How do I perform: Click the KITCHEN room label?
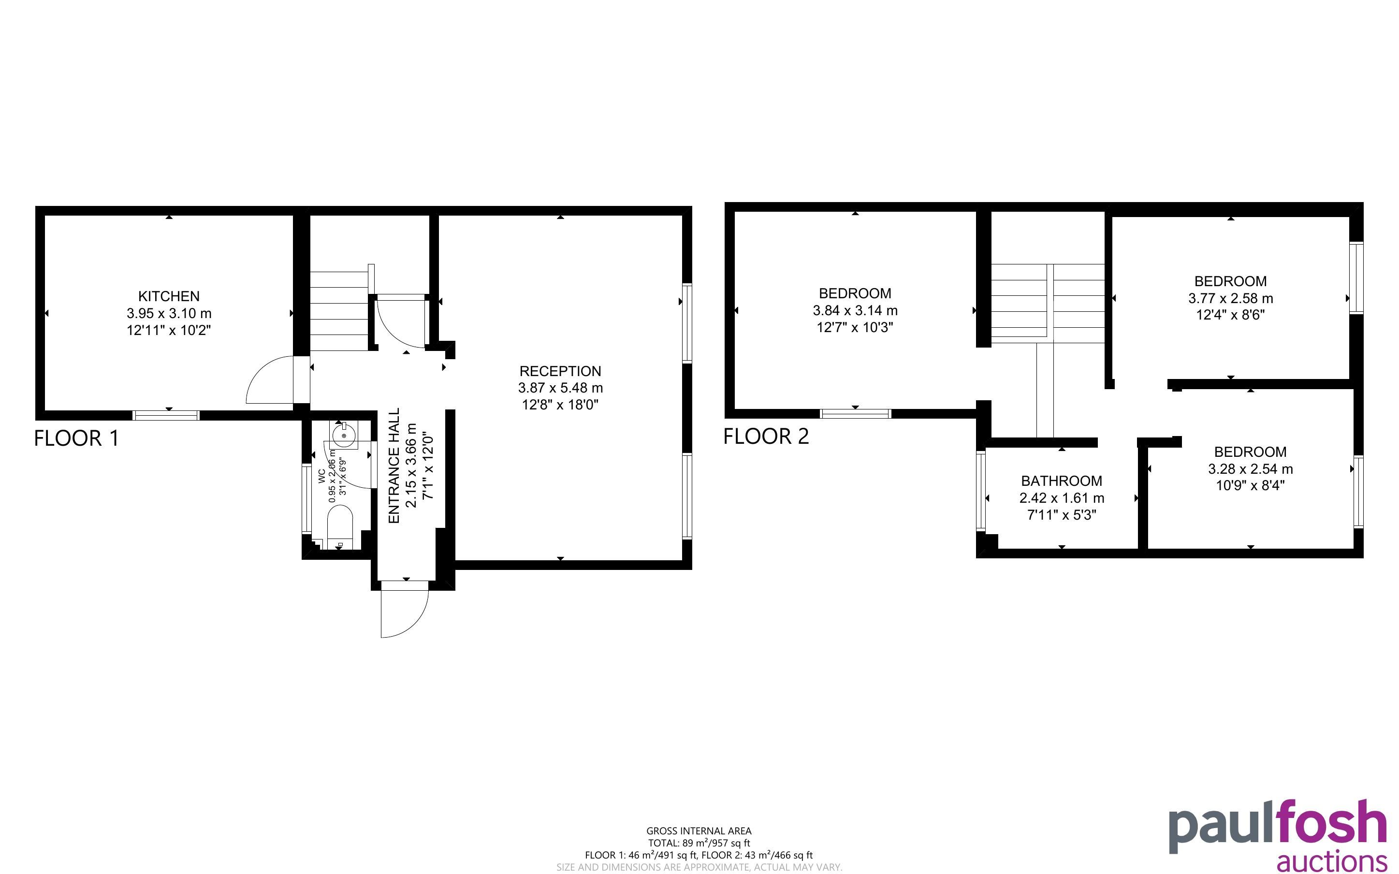point(169,296)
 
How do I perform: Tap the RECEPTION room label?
point(560,371)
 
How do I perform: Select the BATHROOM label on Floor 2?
point(1062,481)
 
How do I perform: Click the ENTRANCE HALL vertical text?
point(394,466)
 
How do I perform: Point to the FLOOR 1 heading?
point(76,438)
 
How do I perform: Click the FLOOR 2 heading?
point(766,436)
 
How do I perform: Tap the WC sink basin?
point(344,435)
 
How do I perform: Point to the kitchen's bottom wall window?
point(166,415)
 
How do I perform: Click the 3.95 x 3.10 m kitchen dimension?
point(169,313)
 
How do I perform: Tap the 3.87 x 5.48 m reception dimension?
point(560,388)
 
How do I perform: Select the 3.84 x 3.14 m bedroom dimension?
point(855,310)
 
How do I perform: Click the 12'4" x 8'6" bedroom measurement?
point(1230,315)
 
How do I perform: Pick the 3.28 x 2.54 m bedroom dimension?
point(1251,469)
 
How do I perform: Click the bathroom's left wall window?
point(981,491)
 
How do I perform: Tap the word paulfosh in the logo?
point(1278,826)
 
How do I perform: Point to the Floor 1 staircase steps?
point(339,311)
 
